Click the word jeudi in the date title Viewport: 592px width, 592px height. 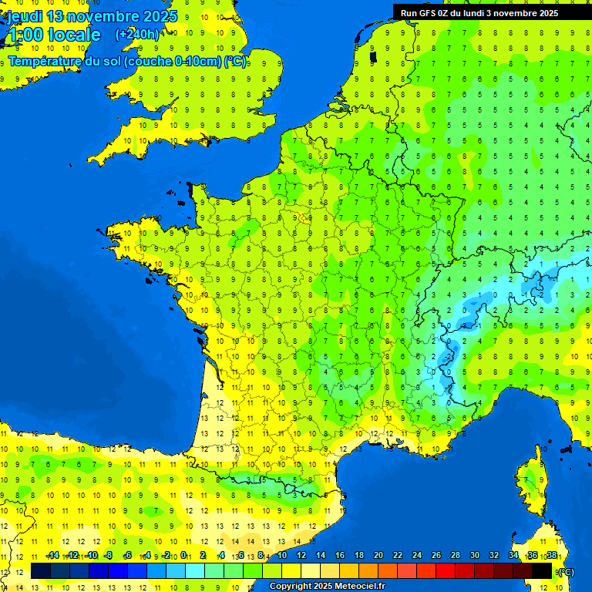click(x=25, y=16)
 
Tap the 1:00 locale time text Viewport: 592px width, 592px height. click(x=53, y=35)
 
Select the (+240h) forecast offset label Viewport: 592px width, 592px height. click(x=137, y=34)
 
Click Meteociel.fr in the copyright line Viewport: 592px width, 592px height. click(x=356, y=587)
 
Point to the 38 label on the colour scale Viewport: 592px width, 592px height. click(x=552, y=556)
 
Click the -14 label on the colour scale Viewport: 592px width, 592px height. click(x=53, y=556)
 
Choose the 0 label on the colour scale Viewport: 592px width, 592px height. click(x=183, y=556)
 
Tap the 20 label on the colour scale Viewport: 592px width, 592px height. click(x=378, y=556)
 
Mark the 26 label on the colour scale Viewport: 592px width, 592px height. click(x=436, y=556)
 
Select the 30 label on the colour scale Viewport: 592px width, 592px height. click(x=475, y=556)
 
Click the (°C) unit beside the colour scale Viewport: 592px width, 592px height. click(x=566, y=571)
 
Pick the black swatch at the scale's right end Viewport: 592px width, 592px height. click(x=543, y=570)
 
